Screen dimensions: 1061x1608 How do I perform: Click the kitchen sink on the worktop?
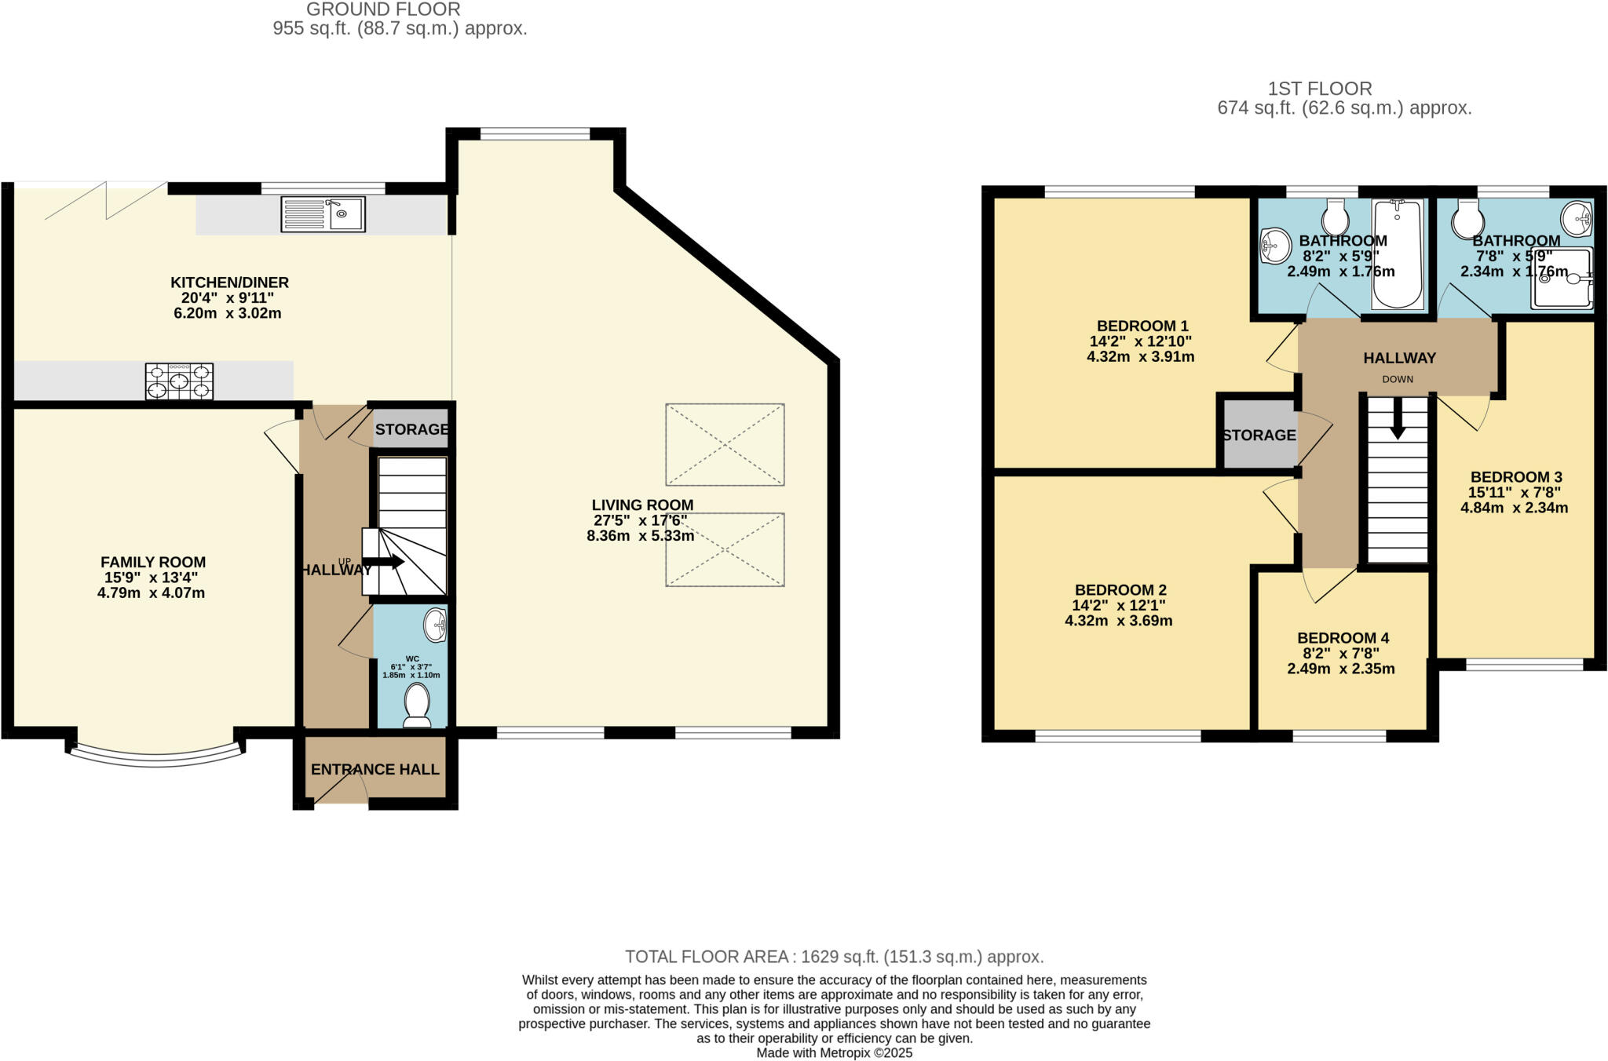pos(323,213)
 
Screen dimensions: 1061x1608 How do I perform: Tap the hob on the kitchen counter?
pos(179,381)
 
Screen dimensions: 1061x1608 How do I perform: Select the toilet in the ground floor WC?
pos(416,706)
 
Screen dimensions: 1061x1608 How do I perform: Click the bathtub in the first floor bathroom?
pos(1397,253)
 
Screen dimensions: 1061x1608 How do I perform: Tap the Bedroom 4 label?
pos(1343,638)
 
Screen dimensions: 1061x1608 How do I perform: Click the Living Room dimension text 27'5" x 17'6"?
pos(641,520)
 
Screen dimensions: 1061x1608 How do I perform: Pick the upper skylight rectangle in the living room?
pos(725,444)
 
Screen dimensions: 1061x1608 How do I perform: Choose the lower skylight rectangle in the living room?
pos(725,549)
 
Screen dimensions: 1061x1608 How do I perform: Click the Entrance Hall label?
pos(375,770)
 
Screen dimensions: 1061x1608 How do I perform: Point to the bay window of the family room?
pos(156,757)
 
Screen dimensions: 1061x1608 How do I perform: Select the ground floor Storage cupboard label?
pos(411,429)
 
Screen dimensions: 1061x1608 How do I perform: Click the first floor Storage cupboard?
pos(1258,435)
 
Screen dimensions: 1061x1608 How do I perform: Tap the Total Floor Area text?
pos(834,957)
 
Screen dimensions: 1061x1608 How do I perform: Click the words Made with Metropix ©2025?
pos(834,1053)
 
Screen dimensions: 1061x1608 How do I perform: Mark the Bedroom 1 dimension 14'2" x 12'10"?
pos(1140,341)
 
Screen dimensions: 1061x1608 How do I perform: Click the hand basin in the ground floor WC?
pos(436,625)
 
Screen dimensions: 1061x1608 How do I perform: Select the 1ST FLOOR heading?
pos(1320,89)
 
